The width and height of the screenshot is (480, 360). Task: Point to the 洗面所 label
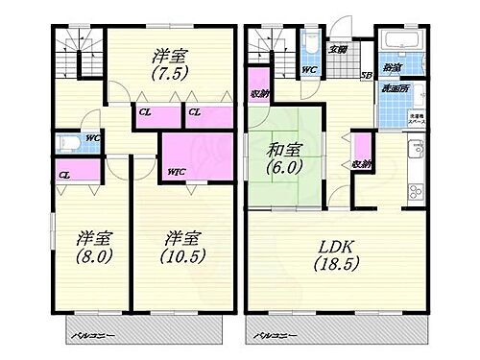394,88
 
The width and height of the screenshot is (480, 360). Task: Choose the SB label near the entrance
366,75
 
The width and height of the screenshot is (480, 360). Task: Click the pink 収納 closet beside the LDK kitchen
361,157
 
